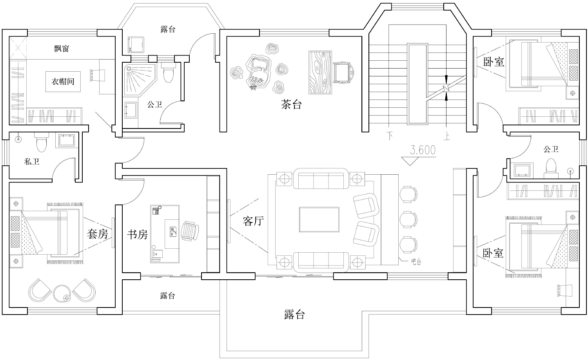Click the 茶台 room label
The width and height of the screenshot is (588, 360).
pos(291,105)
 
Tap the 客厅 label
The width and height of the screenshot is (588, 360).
pos(253,221)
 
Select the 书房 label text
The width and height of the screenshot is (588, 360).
pos(137,234)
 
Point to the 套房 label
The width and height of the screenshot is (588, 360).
pos(97,233)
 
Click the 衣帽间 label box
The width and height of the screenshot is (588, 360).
pos(63,81)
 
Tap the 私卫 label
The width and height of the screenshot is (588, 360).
pos(32,161)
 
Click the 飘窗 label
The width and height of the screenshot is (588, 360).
pos(62,49)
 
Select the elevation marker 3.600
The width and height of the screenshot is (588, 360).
pos(423,150)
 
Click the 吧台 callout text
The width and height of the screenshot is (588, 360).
pos(416,262)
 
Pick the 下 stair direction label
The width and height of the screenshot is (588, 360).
pos(390,136)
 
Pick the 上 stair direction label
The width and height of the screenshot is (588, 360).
pos(447,136)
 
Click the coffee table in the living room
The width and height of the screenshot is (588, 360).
pos(319,219)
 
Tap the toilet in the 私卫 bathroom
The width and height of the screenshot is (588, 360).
pos(41,142)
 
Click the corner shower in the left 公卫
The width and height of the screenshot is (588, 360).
pos(140,79)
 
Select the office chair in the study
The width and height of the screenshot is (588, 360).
pos(189,231)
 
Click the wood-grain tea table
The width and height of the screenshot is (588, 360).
pos(320,72)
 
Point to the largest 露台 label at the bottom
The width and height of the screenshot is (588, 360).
pos(294,314)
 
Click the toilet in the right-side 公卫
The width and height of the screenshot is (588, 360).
pos(551,168)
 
